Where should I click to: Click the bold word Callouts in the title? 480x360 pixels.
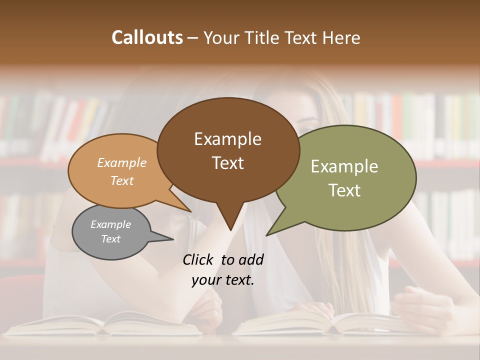click(147, 37)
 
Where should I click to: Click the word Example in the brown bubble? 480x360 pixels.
click(227, 139)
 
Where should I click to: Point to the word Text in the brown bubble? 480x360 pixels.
click(227, 163)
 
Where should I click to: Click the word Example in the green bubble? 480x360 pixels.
click(344, 166)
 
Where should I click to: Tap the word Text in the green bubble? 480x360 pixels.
click(344, 190)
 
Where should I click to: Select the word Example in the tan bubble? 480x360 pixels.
click(121, 163)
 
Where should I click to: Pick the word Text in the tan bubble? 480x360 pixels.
click(121, 181)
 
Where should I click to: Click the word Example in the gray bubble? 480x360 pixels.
click(110, 224)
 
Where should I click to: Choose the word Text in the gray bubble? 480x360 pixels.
click(110, 239)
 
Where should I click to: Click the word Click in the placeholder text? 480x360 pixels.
click(198, 259)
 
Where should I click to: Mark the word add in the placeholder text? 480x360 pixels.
click(251, 259)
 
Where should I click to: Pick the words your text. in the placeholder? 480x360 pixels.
click(222, 280)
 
